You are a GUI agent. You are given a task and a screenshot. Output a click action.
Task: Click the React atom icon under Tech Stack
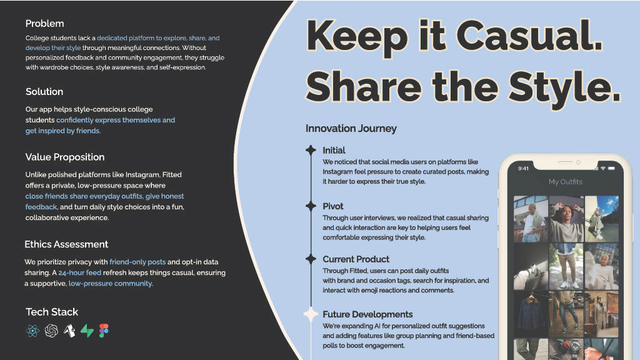(32, 331)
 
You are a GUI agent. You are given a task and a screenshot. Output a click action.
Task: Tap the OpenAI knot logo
(51, 331)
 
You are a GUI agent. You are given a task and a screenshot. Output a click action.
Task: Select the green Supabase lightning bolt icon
(87, 331)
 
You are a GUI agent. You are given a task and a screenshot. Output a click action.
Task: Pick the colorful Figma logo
(104, 331)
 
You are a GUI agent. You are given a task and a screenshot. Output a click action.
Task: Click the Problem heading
(44, 24)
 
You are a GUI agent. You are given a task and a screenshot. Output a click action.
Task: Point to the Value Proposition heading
(65, 157)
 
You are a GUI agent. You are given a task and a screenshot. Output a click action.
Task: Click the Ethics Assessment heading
(66, 244)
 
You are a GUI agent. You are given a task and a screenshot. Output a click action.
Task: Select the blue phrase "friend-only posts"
(137, 262)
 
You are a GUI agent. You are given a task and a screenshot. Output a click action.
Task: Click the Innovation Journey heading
(351, 129)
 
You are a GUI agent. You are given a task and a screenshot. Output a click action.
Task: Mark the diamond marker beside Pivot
(311, 206)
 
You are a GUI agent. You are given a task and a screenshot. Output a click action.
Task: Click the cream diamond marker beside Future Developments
(311, 314)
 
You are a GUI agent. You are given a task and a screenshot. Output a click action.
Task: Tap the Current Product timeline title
(356, 259)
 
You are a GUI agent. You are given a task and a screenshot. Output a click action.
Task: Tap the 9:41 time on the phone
(523, 168)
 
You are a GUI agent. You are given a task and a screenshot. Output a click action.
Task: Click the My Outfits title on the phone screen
(565, 182)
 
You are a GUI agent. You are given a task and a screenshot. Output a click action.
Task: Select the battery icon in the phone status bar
(611, 168)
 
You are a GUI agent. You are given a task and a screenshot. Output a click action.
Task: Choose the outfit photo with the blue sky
(602, 219)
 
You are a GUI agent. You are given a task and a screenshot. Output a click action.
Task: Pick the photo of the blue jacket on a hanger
(531, 314)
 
